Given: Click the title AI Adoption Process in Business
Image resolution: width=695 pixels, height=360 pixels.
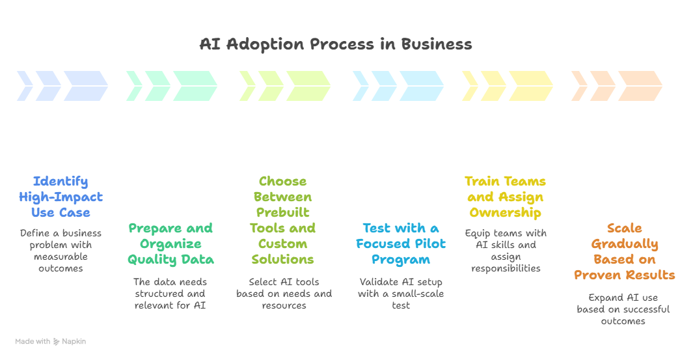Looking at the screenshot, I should click(335, 44).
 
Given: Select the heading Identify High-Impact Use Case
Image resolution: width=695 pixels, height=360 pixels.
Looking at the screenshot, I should click(61, 197).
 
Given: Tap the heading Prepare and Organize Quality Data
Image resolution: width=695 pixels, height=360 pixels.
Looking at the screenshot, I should click(170, 243).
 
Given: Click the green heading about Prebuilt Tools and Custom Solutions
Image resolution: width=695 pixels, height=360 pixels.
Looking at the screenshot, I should click(282, 220).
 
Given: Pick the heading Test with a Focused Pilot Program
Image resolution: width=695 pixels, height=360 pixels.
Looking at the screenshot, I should click(401, 243).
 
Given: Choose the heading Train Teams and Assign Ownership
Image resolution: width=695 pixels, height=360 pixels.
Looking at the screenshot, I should click(505, 197).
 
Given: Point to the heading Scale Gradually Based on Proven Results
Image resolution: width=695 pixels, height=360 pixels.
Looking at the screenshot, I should click(624, 251).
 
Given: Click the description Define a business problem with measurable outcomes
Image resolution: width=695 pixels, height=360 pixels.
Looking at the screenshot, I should click(61, 251).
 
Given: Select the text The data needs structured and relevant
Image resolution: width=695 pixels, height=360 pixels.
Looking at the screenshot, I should click(170, 293).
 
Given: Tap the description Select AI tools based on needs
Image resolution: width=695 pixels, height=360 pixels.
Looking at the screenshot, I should click(284, 293).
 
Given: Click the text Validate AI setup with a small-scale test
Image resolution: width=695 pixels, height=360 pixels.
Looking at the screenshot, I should click(401, 293).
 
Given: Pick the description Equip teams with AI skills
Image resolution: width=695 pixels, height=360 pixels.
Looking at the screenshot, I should click(505, 251).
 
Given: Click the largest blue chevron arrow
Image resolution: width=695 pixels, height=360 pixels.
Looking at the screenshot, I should click(85, 86).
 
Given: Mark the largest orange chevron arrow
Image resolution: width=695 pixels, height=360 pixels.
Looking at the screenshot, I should click(640, 86).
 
